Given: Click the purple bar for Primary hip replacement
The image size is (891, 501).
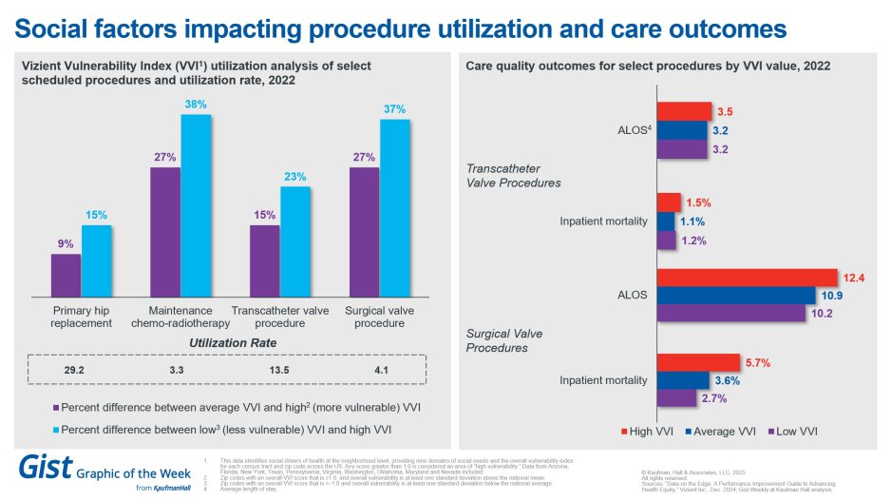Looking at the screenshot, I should pyautogui.click(x=66, y=276).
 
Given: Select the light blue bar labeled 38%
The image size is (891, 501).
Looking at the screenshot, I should pyautogui.click(x=196, y=204).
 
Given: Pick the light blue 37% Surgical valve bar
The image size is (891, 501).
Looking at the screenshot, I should pyautogui.click(x=394, y=207).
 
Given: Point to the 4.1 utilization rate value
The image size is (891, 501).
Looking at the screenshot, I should pyautogui.click(x=380, y=369).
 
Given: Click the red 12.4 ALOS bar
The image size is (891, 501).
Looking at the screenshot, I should pyautogui.click(x=746, y=277).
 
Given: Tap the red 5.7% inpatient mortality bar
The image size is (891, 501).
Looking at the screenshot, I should pyautogui.click(x=697, y=362).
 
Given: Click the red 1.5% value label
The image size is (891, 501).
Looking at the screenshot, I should pyautogui.click(x=698, y=202).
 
